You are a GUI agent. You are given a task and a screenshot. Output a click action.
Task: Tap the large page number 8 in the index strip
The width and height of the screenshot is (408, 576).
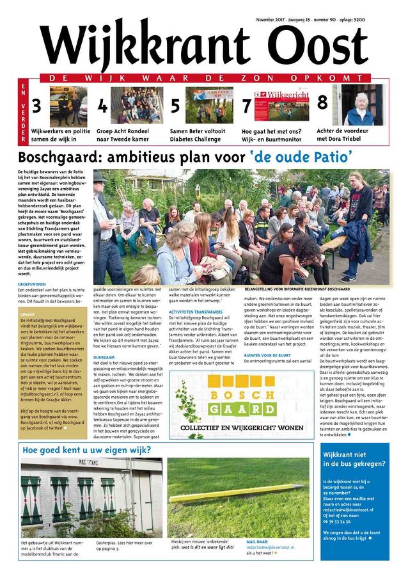coord(322,102)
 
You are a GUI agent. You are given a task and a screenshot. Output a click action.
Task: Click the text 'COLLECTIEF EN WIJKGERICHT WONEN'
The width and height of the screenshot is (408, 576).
coord(241,427)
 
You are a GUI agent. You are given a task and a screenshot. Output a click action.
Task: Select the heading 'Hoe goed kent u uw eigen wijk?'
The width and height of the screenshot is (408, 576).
coord(86,450)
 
